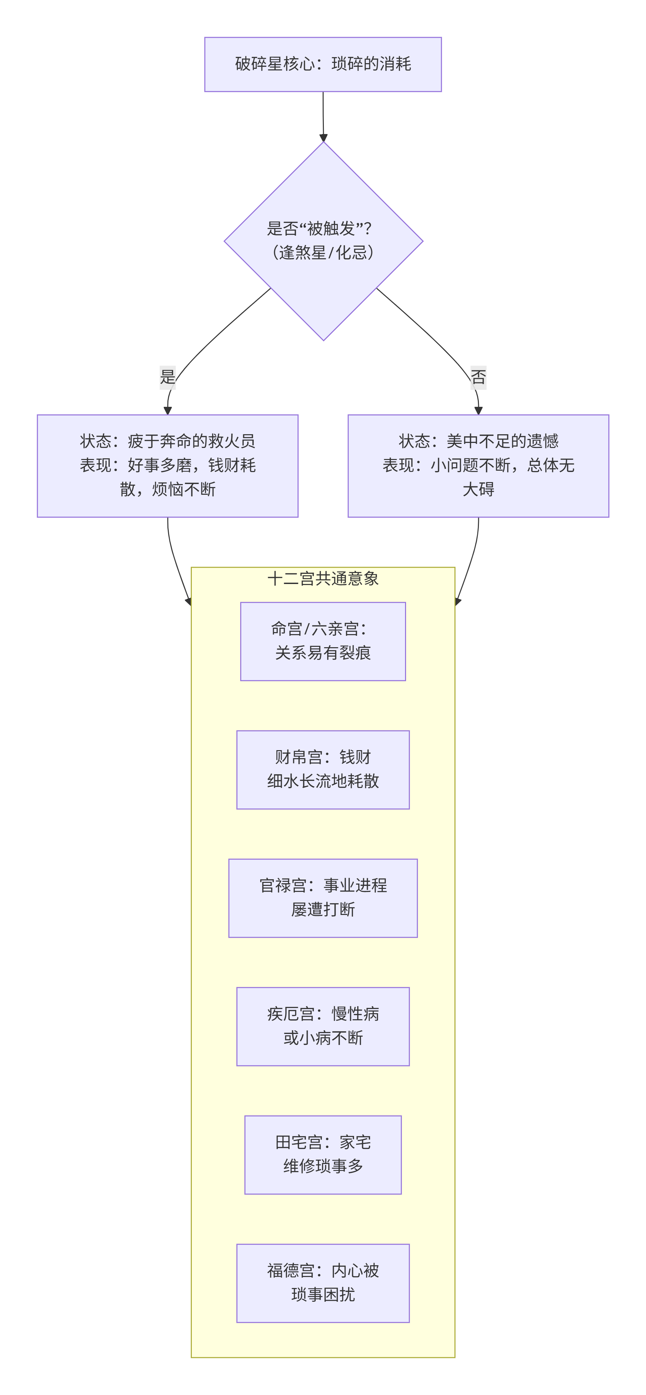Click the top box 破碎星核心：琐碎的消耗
pyautogui.click(x=323, y=65)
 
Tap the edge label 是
pyautogui.click(x=167, y=377)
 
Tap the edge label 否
pyautogui.click(x=478, y=377)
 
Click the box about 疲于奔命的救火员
pyautogui.click(x=167, y=466)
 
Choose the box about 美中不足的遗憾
pyautogui.click(x=478, y=466)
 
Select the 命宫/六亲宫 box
pyautogui.click(x=323, y=641)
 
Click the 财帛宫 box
pyautogui.click(x=323, y=770)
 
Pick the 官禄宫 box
pyautogui.click(x=323, y=898)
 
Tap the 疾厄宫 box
pyautogui.click(x=323, y=1026)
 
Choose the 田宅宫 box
pyautogui.click(x=323, y=1155)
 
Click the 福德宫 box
pyautogui.click(x=323, y=1283)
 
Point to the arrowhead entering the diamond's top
pyautogui.click(x=323, y=138)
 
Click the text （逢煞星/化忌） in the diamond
pyautogui.click(x=323, y=252)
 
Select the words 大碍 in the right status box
pyautogui.click(x=478, y=489)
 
